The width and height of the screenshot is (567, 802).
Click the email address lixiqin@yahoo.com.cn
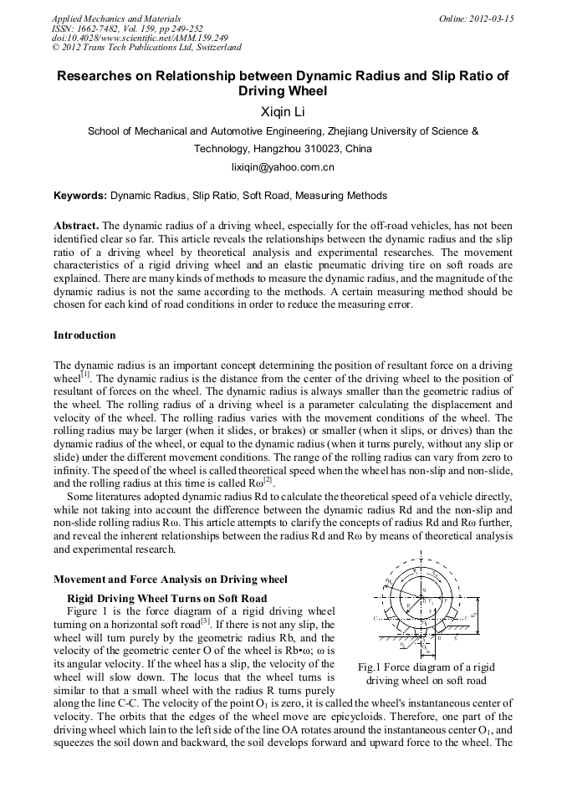283,166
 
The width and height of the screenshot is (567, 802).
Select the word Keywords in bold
79,196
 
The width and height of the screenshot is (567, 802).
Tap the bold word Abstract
76,227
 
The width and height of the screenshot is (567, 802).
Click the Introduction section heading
84,335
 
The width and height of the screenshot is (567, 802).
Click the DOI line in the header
140,38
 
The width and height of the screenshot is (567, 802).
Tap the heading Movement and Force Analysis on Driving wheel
170,579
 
